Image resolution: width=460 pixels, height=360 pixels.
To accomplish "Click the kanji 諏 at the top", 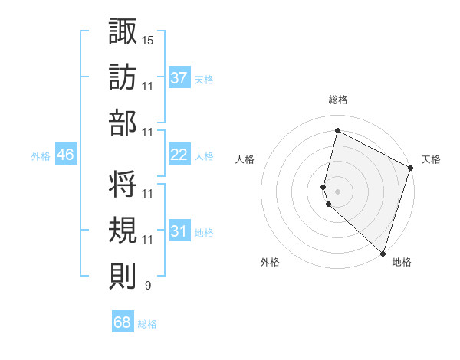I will tap(123, 31).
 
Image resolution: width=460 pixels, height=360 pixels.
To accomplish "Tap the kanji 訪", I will tap(123, 77).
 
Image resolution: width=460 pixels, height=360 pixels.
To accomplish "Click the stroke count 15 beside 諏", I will tap(148, 39).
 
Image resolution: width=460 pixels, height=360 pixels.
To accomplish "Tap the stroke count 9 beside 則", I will tap(147, 286).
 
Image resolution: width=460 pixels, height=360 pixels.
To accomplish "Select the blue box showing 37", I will tap(179, 77).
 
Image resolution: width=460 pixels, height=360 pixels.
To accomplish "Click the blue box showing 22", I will tap(179, 155).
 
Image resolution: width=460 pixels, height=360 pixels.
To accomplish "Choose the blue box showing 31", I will tap(179, 231).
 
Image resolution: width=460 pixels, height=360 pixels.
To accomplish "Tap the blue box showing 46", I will tap(65, 155).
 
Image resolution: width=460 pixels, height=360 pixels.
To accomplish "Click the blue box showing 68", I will tap(122, 322).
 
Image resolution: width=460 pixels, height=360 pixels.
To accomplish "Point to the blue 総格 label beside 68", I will tap(147, 324).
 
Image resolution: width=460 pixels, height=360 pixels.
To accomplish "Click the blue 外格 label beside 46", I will tap(41, 156).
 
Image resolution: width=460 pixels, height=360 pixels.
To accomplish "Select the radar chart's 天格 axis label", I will tap(431, 159).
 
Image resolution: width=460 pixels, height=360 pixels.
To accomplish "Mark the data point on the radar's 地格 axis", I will tap(383, 254).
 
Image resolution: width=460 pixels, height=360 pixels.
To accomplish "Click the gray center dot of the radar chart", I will tap(337, 190).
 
